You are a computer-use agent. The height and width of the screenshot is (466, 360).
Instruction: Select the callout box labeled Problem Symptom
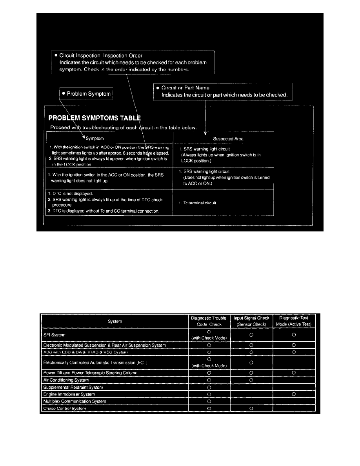click(x=86, y=94)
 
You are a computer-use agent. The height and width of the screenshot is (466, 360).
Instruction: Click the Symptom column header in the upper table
click(x=95, y=138)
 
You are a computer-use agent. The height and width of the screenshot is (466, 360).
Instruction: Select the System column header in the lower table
click(x=115, y=322)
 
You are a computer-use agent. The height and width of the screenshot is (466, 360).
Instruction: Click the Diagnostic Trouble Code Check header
click(x=209, y=321)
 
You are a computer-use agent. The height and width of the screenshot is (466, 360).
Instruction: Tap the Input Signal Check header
click(x=251, y=321)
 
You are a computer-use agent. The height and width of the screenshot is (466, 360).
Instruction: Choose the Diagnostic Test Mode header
click(x=294, y=321)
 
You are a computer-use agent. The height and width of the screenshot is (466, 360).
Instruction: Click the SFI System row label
click(x=55, y=335)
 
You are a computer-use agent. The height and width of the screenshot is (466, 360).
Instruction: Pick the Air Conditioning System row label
click(x=65, y=380)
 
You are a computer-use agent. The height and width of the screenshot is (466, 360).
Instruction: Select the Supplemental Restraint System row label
click(x=73, y=387)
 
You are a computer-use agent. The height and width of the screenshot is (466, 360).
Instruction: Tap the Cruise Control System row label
click(x=64, y=408)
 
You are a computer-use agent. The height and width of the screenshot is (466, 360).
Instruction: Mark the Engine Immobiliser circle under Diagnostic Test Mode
click(x=294, y=394)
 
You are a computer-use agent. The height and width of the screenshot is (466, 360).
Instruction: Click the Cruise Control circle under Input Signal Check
click(x=251, y=408)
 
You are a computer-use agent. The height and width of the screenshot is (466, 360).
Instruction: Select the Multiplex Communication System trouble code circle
click(x=209, y=401)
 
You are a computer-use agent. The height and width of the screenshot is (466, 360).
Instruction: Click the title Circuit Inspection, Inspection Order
click(x=101, y=56)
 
